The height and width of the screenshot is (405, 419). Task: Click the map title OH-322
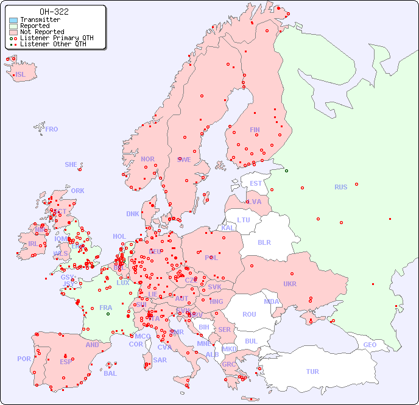pos(54,12)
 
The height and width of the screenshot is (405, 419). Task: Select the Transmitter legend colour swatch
pos(13,20)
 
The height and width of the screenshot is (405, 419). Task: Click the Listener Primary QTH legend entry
pos(52,38)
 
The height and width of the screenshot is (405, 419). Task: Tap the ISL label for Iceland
pos(21,75)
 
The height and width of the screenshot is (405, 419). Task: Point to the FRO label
pos(52,129)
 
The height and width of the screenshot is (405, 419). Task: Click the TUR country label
pos(312,372)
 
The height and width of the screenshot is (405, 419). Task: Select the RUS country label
pos(340,187)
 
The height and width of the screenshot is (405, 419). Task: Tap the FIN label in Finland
pos(255,130)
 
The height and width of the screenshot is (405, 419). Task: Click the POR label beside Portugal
pos(24,359)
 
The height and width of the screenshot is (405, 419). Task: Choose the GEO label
pos(370,345)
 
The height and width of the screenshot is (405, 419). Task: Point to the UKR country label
pos(290,284)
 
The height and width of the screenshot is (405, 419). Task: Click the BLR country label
pos(264,242)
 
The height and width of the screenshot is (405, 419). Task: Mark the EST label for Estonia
pos(256,183)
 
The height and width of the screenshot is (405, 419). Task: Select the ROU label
pos(249,314)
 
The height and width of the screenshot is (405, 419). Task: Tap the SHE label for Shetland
pos(71,164)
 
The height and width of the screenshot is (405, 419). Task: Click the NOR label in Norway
pos(147,159)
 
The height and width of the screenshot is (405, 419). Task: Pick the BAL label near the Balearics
pos(110,373)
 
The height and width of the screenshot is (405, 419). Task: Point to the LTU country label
pos(244,220)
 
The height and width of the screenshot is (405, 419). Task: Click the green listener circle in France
pos(108,314)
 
